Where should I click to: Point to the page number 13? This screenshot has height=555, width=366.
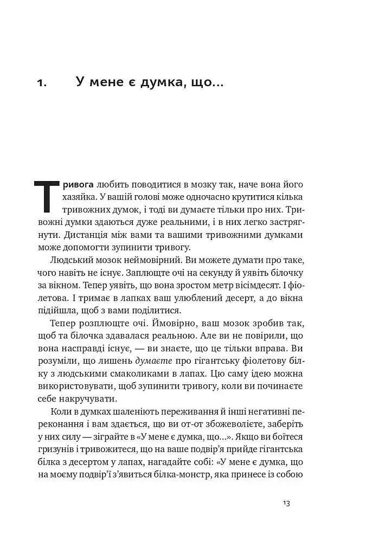[287, 503]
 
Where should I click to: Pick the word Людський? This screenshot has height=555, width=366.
[72, 261]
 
